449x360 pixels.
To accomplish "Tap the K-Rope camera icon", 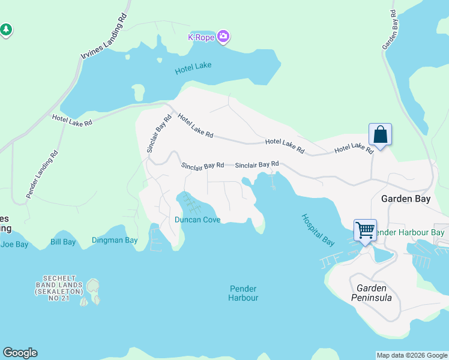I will [x=223, y=37].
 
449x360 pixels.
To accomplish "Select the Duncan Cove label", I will [x=197, y=220].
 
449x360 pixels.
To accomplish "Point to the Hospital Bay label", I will [x=318, y=230].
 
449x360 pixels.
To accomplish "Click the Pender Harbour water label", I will [x=244, y=293].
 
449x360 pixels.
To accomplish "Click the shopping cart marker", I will [x=365, y=229].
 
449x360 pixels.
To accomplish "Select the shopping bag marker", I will [x=381, y=134].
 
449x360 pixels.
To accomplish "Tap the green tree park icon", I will [x=6, y=29].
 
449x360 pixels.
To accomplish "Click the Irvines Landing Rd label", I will [x=105, y=38].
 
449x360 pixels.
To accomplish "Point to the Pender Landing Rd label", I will [x=42, y=174].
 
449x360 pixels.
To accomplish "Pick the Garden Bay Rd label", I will [x=391, y=29].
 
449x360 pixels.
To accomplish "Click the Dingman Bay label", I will [x=115, y=241].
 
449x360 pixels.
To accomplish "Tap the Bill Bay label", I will [x=63, y=242].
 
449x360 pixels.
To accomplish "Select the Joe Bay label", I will [x=14, y=244].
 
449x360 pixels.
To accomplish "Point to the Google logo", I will [x=20, y=353].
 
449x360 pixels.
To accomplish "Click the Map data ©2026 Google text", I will [x=411, y=355].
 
